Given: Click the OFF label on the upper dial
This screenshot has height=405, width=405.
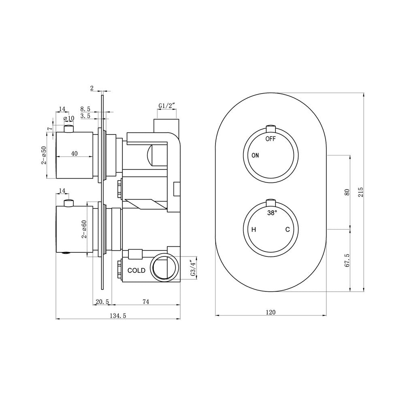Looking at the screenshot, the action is tap(271, 139).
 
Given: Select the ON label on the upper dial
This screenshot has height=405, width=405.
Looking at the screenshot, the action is tap(255, 155).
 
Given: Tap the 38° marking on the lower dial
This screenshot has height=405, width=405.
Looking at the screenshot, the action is tap(272, 213).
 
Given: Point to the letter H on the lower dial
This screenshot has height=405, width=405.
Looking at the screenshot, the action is tap(254, 229).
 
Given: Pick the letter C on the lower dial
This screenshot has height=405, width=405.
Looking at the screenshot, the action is tap(288, 229).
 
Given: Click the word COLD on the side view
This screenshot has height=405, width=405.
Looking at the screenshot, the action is tap(136, 271).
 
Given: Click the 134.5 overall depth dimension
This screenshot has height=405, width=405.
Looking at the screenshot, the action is tap(118, 315).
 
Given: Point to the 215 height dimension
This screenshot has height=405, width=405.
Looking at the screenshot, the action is tap(360, 192).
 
